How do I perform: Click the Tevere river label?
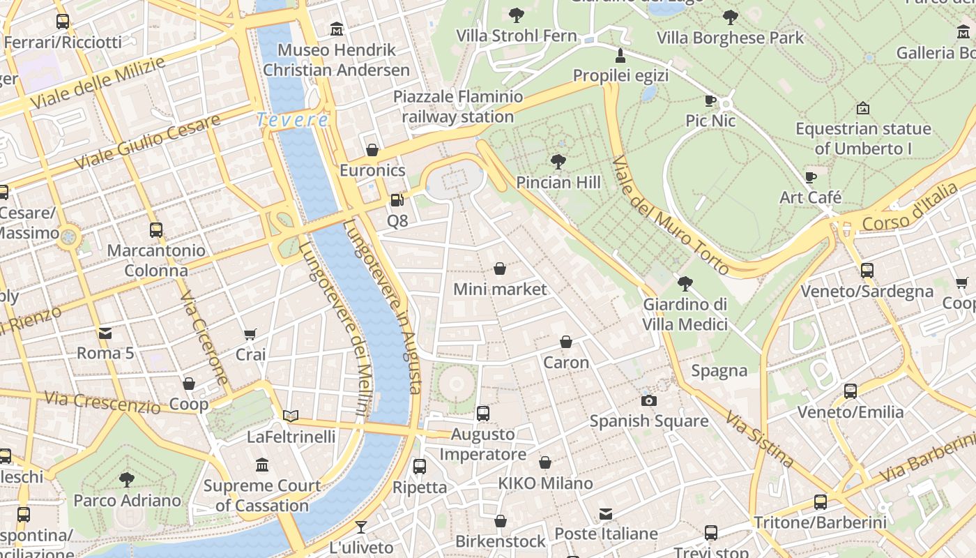(x=292, y=120)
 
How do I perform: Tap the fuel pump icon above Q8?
(x=397, y=200)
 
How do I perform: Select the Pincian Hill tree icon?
(x=558, y=162)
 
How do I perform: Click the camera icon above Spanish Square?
(x=649, y=400)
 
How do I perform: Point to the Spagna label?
(x=719, y=370)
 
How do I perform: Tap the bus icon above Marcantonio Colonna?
(x=156, y=229)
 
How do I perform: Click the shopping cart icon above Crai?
(x=250, y=334)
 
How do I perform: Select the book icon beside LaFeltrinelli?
(x=291, y=416)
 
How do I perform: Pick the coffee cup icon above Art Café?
(x=810, y=177)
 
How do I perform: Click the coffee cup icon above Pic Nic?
(x=710, y=100)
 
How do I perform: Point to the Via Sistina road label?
(x=759, y=439)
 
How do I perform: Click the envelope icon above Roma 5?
(x=105, y=333)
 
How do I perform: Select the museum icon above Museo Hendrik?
(x=337, y=29)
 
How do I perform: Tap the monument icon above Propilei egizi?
(x=620, y=55)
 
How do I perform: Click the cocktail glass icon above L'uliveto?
(x=361, y=527)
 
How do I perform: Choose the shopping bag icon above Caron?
(x=566, y=342)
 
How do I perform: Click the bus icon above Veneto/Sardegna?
(x=867, y=271)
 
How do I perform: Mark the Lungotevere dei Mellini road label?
(x=337, y=331)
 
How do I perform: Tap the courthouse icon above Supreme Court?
(x=262, y=465)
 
